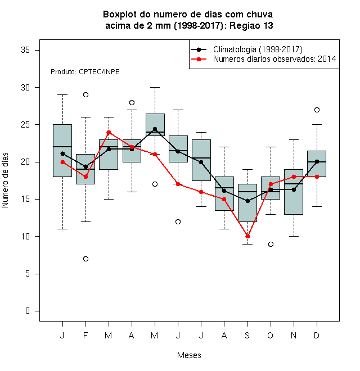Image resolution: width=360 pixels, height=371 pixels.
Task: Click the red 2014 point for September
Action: click(x=247, y=236)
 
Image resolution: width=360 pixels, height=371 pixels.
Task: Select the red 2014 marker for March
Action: click(x=109, y=132)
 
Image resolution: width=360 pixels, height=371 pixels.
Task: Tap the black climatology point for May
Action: click(x=155, y=129)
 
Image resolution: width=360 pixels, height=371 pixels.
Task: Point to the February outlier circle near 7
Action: click(x=85, y=259)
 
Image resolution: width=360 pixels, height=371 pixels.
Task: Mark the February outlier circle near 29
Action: click(x=85, y=94)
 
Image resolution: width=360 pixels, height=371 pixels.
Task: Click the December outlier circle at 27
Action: click(x=317, y=110)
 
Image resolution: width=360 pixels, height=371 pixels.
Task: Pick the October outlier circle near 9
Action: click(x=271, y=244)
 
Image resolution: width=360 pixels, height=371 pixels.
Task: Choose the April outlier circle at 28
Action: click(x=132, y=102)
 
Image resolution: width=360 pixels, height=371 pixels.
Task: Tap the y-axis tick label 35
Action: click(x=25, y=50)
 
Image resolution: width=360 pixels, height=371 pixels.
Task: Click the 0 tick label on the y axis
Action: click(x=28, y=311)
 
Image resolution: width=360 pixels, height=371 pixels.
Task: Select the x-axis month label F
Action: click(x=85, y=335)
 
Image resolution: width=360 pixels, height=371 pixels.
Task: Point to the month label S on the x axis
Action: click(x=247, y=335)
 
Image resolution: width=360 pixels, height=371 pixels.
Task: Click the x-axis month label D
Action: click(x=317, y=335)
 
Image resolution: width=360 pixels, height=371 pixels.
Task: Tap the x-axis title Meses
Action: click(x=189, y=355)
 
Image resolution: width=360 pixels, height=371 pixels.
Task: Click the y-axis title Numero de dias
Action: click(x=5, y=180)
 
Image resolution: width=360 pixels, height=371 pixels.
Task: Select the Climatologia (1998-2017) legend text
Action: click(x=258, y=49)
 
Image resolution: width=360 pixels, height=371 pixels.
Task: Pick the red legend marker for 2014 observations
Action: click(x=199, y=59)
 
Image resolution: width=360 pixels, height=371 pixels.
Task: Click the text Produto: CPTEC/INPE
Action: click(x=85, y=72)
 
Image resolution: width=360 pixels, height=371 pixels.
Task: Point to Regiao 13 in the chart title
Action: click(x=251, y=25)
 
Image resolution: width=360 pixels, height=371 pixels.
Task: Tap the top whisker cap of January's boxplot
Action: click(x=63, y=94)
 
